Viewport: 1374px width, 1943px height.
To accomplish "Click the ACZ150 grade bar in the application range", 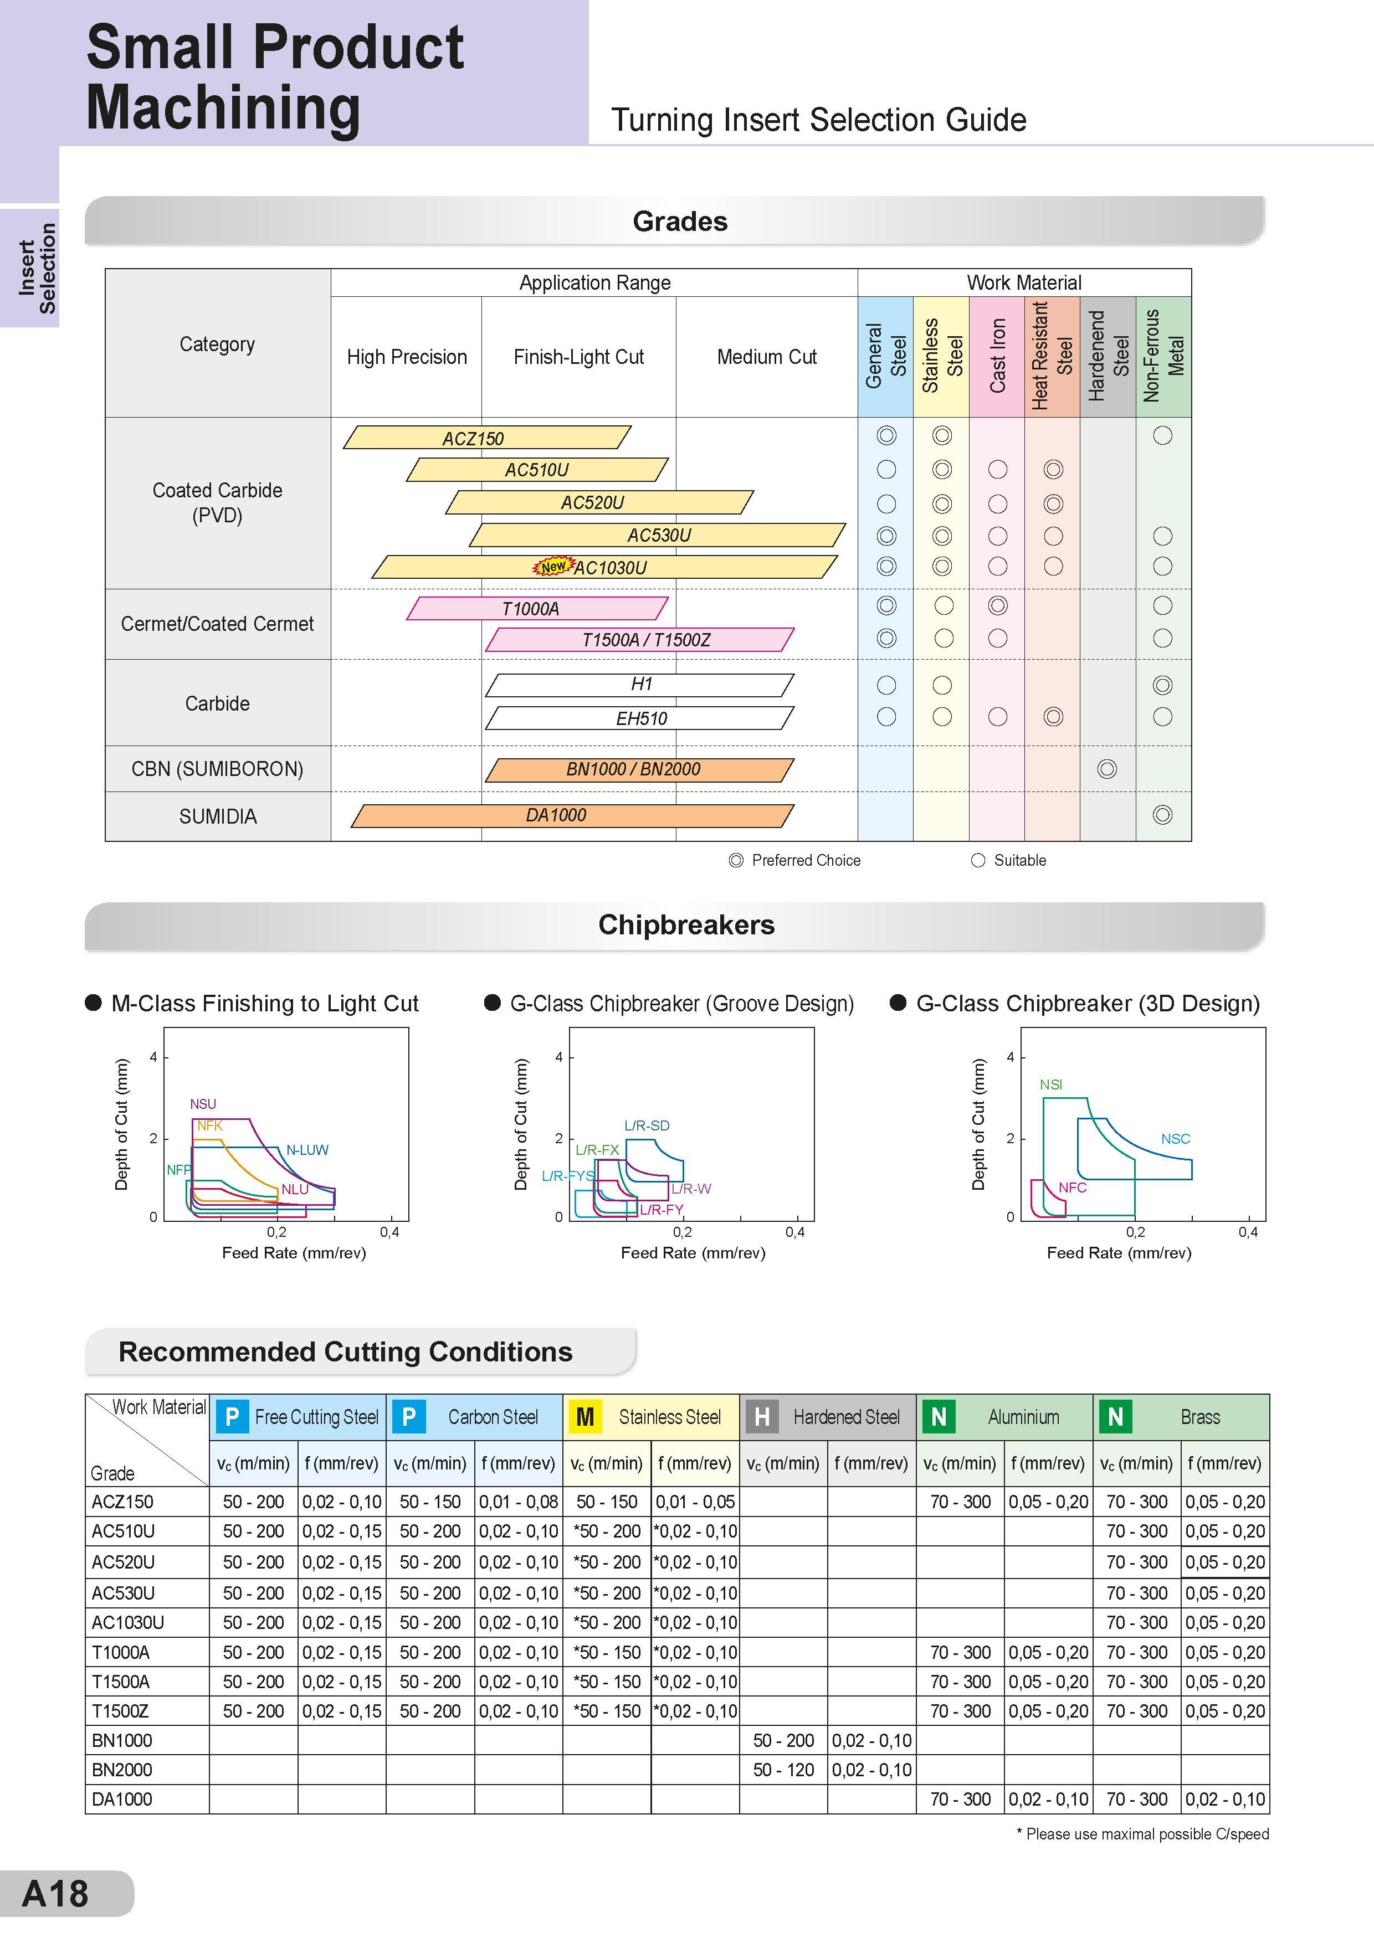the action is point(487,438).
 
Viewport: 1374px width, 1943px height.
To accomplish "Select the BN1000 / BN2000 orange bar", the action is point(639,769).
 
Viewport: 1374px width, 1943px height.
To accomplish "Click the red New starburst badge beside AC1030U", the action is point(553,566).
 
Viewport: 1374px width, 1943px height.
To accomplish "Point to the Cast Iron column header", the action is point(997,356).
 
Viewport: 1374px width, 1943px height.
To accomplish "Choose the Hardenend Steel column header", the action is point(1108,356).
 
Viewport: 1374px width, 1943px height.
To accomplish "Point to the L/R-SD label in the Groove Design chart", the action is point(647,1125).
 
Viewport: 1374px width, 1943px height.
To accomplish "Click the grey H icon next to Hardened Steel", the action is point(761,1417).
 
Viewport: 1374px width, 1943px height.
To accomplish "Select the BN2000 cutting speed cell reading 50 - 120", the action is point(783,1770).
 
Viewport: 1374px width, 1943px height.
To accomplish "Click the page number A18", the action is point(55,1894).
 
